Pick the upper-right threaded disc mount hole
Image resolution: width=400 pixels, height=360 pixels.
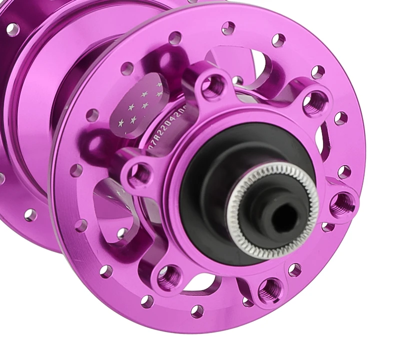pyautogui.click(x=314, y=102)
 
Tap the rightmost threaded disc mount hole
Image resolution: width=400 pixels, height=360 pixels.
pyautogui.click(x=343, y=202)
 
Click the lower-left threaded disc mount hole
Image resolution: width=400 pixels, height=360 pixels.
pyautogui.click(x=168, y=275)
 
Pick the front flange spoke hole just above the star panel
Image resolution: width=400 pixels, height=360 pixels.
pyautogui.click(x=127, y=68)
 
